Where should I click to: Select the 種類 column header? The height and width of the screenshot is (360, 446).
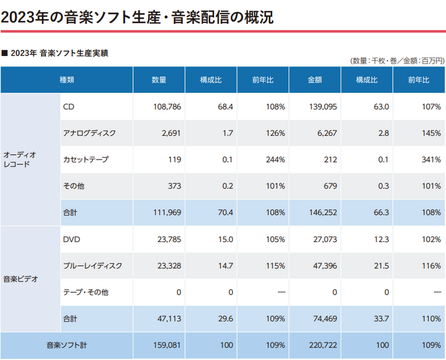point(67,80)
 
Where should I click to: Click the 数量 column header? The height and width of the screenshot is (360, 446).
point(159,80)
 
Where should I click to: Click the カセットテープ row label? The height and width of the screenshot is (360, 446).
point(85,159)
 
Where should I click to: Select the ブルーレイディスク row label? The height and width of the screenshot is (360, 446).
point(92,265)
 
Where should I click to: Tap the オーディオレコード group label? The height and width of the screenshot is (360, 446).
point(20,159)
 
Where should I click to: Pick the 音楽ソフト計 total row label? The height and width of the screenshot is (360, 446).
point(66,345)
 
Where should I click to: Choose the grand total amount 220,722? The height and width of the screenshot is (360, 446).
point(322,345)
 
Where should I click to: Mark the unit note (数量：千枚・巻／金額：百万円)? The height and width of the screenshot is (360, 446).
point(396,60)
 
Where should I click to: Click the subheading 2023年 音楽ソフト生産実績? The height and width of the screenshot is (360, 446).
point(59,53)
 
